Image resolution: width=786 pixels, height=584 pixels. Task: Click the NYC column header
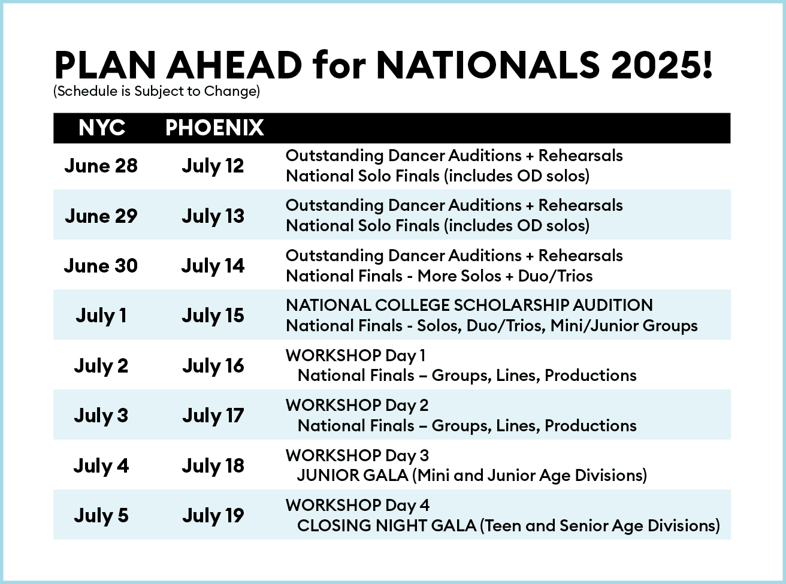coord(101,128)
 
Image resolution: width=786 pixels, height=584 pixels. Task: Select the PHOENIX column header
coord(214,128)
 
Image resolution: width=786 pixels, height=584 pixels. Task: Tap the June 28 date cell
coord(101,165)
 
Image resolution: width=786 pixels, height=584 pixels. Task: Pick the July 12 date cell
coord(213,165)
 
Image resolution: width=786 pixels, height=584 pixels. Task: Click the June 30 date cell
coord(101,265)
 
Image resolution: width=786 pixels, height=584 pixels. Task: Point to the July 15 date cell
coord(213,316)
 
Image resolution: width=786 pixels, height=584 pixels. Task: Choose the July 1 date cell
coord(101,316)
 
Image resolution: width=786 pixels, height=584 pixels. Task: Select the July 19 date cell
coord(213,515)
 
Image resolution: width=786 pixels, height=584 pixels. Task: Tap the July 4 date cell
coord(101,465)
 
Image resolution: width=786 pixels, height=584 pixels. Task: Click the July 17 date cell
coord(213,415)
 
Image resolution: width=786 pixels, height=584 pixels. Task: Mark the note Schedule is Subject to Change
coord(156,92)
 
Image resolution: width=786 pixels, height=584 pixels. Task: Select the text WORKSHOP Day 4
coord(357,505)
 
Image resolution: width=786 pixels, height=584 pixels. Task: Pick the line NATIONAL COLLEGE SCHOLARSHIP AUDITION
coord(469,305)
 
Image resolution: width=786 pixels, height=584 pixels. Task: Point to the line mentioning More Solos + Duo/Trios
coord(439,276)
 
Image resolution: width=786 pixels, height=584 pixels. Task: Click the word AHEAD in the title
coord(234,65)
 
